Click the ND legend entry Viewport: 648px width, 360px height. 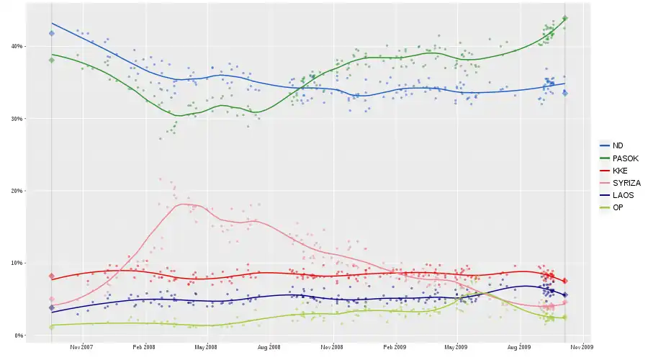point(618,145)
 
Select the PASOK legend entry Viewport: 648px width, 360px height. point(624,158)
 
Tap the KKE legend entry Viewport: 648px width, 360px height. point(620,171)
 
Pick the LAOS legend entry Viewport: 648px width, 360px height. point(622,195)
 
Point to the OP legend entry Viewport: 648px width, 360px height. point(618,207)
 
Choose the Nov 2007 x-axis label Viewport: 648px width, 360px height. point(82,346)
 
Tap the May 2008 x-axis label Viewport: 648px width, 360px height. point(206,346)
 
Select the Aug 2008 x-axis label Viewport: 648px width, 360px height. point(269,346)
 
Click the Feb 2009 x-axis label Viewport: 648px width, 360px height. point(395,346)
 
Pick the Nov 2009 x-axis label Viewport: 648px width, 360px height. point(582,346)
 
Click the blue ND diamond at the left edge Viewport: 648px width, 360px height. point(52,33)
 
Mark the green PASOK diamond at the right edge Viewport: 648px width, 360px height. point(565,19)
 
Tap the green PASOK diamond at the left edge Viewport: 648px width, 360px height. point(52,60)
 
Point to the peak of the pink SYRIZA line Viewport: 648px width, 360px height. point(187,204)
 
